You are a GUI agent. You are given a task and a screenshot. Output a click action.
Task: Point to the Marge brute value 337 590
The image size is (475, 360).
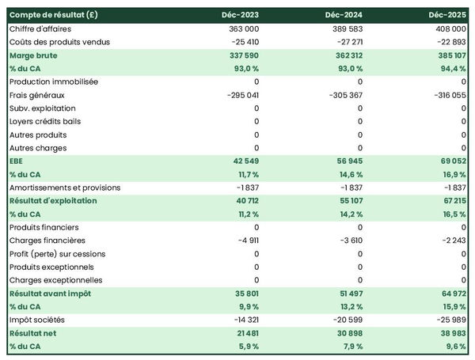(x=241, y=55)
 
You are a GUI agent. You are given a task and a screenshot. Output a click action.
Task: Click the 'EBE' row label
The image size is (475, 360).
(x=17, y=161)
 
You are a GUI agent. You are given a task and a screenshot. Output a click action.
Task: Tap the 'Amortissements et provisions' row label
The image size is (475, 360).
(x=65, y=188)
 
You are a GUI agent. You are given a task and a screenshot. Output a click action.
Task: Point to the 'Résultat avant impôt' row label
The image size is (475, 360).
(x=50, y=294)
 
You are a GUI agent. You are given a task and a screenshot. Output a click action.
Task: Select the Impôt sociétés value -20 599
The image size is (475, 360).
(x=345, y=320)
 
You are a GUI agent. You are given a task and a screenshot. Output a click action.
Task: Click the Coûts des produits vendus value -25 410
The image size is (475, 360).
(x=242, y=42)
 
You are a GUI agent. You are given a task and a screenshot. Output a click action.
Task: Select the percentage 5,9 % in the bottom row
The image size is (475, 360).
(x=247, y=347)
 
